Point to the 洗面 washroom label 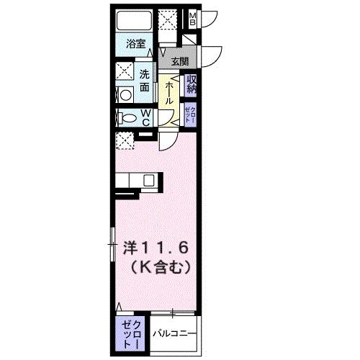[x=145, y=79]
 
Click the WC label [x=145, y=117]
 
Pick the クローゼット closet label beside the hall [x=189, y=114]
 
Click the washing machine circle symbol [x=123, y=94]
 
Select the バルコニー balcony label [x=172, y=333]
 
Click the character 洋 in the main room [x=130, y=247]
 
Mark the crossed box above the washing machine [x=125, y=72]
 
